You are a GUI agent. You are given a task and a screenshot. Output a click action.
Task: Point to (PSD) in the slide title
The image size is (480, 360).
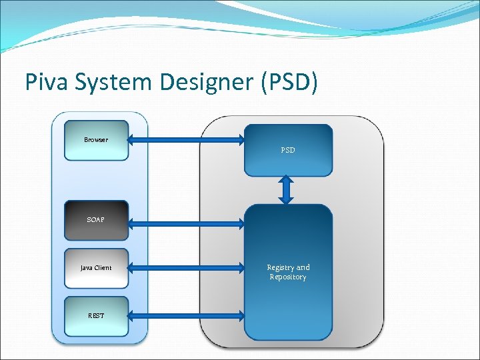coord(288,82)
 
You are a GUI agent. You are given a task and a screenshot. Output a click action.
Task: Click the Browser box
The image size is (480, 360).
coord(96,140)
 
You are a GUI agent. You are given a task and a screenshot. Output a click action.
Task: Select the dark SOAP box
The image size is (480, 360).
coord(96,219)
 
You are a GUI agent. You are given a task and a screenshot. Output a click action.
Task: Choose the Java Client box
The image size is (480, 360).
coord(96,268)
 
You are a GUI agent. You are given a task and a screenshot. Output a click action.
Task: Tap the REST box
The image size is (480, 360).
coord(96,315)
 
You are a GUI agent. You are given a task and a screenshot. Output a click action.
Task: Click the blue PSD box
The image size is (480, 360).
coord(288,150)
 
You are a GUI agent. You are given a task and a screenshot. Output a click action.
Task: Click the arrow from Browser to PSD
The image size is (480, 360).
coord(186,140)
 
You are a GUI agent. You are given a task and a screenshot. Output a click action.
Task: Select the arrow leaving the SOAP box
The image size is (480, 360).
coord(186,219)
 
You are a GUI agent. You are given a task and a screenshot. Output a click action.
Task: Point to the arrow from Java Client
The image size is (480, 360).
coord(186,268)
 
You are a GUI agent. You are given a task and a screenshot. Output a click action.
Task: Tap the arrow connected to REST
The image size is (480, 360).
coord(186,315)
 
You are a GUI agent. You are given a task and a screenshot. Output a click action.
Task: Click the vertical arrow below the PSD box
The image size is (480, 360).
coord(287,190)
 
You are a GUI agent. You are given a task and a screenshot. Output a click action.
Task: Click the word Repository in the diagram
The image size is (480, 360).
coord(288,277)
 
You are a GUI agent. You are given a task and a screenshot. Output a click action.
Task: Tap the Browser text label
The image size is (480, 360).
coord(96,140)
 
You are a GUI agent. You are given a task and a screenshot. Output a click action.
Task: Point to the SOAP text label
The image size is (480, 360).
coord(96,219)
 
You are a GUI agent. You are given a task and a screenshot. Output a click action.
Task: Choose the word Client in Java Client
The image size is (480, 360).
coord(103,268)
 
